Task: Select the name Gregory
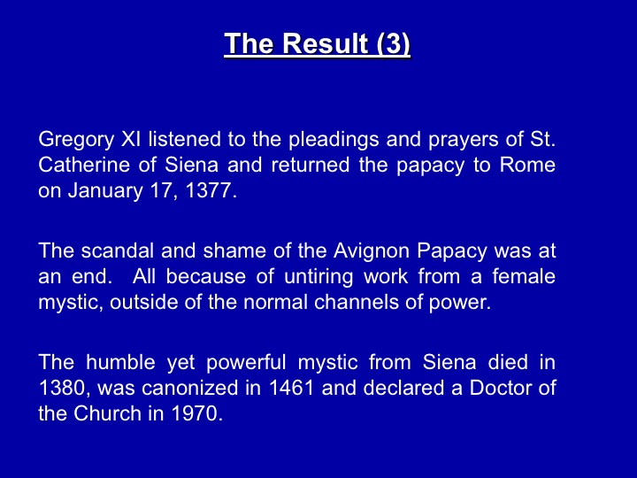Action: (76, 141)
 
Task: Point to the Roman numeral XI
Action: (131, 139)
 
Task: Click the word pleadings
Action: (334, 141)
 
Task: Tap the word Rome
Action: (527, 165)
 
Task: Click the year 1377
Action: (211, 190)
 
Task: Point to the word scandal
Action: (118, 251)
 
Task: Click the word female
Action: (524, 276)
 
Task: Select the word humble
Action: (120, 362)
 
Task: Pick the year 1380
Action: (65, 389)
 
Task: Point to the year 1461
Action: (292, 388)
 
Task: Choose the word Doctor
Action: (501, 388)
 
